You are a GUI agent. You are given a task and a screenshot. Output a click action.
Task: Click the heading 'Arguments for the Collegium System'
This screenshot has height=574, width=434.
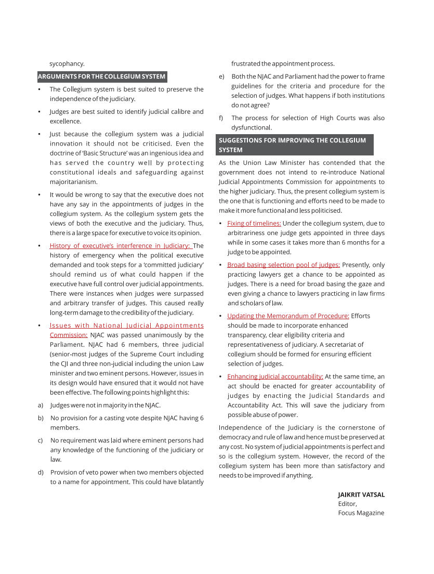pos(102,77)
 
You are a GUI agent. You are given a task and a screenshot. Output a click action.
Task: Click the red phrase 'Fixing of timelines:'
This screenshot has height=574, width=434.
pos(254,224)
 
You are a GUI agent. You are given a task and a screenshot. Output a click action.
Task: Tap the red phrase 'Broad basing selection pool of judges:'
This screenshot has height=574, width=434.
pos(283,265)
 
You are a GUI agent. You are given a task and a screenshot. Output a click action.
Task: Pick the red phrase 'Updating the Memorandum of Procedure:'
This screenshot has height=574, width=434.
pos(288,316)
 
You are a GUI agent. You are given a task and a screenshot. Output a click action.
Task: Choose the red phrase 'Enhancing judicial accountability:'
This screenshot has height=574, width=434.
pos(275,376)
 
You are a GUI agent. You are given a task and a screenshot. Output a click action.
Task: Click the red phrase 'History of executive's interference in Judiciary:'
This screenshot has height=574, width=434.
pos(121,246)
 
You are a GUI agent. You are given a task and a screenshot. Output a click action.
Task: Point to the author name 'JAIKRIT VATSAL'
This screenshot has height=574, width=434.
pos(361,495)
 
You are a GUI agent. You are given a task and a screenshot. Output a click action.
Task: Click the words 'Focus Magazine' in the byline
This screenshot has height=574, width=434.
pos(361,513)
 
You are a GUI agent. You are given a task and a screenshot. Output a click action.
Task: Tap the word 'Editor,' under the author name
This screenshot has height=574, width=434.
pos(348,504)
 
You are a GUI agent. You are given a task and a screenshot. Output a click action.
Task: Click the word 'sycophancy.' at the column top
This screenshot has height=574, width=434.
pos(67,64)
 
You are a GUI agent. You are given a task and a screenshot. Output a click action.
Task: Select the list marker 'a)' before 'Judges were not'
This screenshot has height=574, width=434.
pos(40,405)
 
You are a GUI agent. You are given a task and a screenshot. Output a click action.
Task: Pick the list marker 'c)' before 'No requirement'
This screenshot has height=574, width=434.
pos(40,440)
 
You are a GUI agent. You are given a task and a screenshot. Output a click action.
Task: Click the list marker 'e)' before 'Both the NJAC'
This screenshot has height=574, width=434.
pos(221,76)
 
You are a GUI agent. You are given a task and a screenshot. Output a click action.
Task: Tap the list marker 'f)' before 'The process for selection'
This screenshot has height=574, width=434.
pos(221,118)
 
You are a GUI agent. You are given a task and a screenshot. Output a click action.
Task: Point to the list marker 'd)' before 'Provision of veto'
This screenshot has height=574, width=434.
pos(40,473)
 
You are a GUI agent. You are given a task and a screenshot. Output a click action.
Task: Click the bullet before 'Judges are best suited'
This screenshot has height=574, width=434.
pos(40,112)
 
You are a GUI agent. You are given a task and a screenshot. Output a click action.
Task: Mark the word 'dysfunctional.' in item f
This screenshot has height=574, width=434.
pos(251,127)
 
